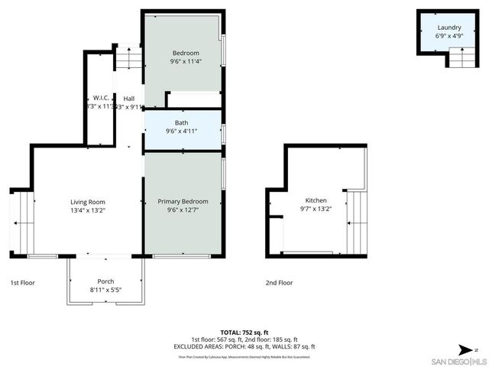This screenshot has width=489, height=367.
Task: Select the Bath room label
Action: [182, 122]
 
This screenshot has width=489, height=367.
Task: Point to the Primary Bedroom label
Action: [183, 201]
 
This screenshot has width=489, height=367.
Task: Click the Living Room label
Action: [86, 201]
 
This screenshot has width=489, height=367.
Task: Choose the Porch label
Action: [105, 281]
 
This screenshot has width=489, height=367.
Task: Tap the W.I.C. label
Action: [100, 98]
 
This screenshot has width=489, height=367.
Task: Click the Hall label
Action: [129, 98]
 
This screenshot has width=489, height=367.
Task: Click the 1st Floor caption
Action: [22, 282]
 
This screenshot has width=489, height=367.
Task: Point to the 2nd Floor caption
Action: [279, 282]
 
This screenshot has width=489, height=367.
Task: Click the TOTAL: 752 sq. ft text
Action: [244, 332]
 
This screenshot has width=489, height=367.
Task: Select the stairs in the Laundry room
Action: [460, 57]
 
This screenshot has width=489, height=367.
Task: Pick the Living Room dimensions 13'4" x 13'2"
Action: [86, 210]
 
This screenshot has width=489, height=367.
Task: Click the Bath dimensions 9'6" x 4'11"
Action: [182, 132]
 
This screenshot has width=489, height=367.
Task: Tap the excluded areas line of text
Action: [244, 346]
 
